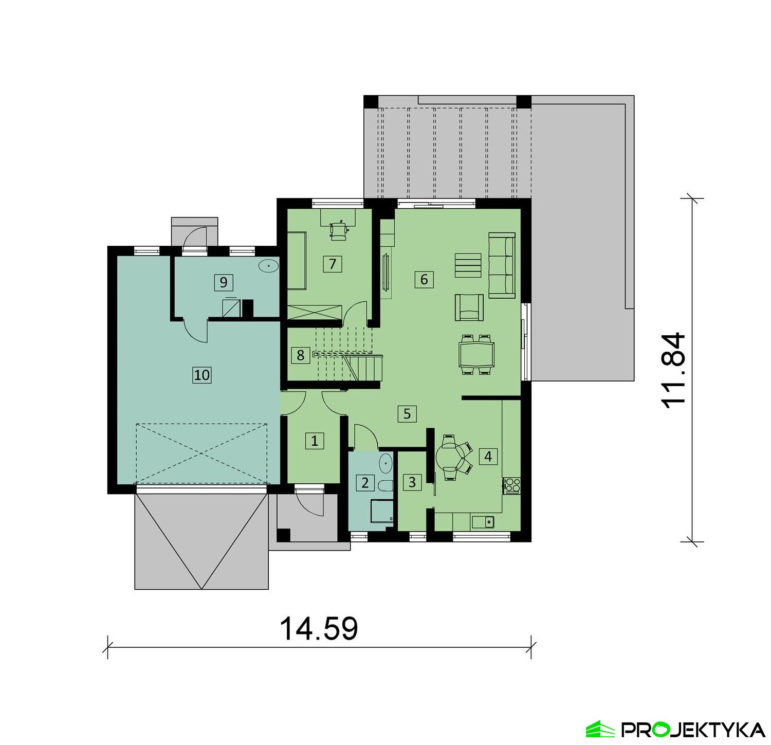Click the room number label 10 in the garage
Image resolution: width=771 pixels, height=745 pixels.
coord(202,375)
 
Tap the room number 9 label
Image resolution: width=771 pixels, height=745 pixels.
coord(223,282)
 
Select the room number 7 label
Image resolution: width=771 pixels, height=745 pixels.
coord(333,264)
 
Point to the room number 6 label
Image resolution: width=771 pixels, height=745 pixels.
coord(424,279)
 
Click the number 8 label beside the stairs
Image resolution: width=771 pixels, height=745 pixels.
coord(301,355)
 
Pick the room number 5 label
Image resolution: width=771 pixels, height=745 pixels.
coord(407,413)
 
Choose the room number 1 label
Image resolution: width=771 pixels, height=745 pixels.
coord(315,441)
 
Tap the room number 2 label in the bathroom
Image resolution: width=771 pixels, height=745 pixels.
coord(365,483)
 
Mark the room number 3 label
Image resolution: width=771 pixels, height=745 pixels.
coord(412,482)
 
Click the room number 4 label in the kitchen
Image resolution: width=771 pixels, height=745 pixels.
coord(488,456)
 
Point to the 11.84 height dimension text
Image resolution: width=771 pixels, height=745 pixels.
coord(673,370)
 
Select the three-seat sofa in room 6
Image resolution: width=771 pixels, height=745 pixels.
coord(502,265)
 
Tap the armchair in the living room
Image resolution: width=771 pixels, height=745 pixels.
coord(469,307)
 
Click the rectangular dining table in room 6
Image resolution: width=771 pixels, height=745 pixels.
coord(476,354)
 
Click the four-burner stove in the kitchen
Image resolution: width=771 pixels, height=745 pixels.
coord(511,484)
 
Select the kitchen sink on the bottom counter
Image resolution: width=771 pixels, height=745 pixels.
coord(483,522)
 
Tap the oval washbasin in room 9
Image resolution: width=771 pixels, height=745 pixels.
coord(268,266)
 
